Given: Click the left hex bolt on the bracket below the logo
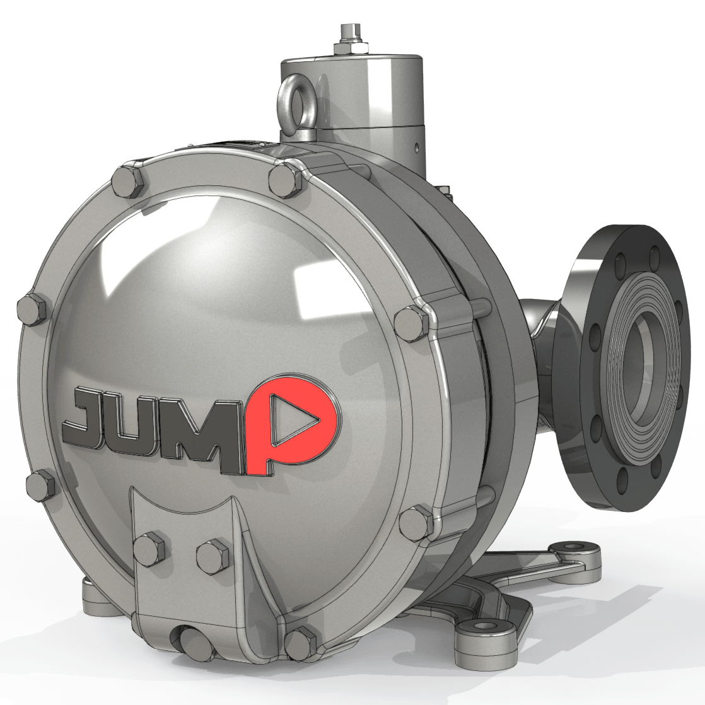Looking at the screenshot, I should [x=149, y=548].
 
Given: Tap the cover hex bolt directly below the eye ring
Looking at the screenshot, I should [x=285, y=179].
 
